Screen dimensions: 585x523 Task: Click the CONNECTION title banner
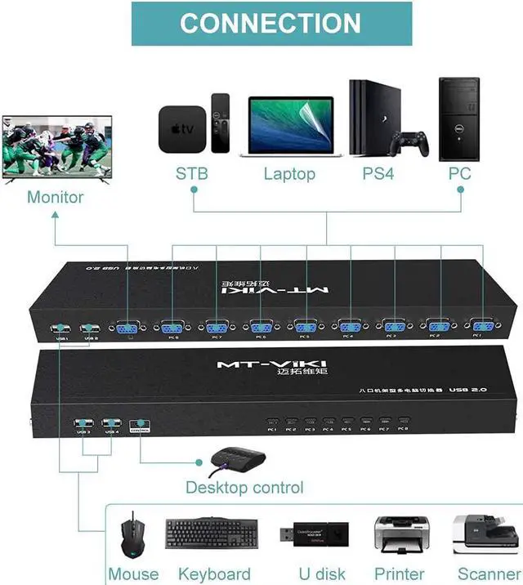(x=270, y=23)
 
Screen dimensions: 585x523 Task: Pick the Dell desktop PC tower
(x=458, y=119)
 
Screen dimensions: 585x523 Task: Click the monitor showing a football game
(x=56, y=147)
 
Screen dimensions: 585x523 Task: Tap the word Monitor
(x=56, y=197)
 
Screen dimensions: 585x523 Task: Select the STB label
(x=192, y=174)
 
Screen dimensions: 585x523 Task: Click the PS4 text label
(x=378, y=174)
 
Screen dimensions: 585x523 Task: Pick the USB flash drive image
(x=312, y=535)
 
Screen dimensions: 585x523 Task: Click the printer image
(x=400, y=535)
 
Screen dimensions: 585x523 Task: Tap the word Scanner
(x=489, y=574)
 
